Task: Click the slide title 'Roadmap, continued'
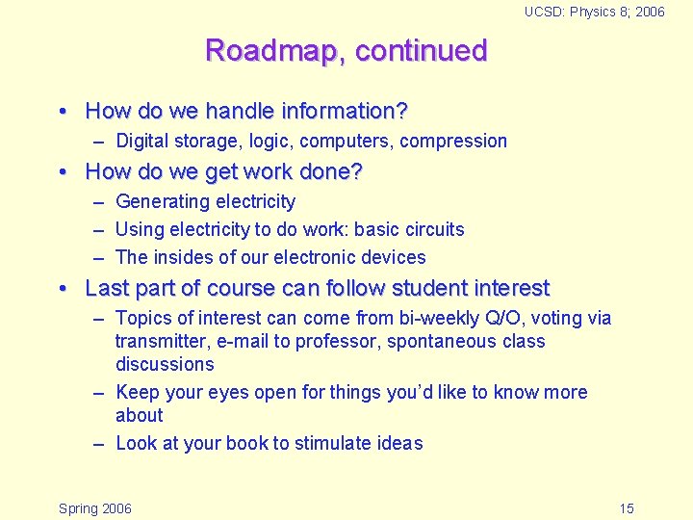(346, 50)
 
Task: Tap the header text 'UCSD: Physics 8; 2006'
(594, 12)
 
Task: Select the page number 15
(627, 508)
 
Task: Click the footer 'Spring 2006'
(95, 508)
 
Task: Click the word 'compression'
(453, 142)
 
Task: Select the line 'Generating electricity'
(205, 201)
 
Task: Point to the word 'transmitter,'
(162, 341)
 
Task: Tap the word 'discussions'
(165, 364)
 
